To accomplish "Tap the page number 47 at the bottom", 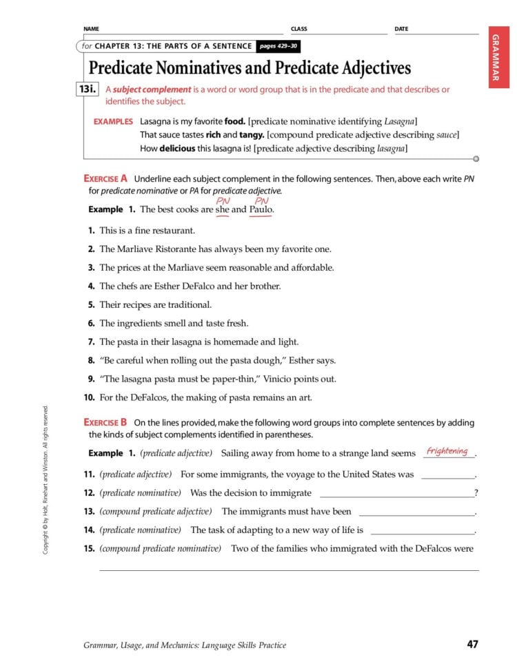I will tap(472, 645).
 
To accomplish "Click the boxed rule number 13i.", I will tap(90, 90).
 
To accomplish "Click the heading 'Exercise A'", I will tap(105, 178).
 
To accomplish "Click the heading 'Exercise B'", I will tap(105, 422).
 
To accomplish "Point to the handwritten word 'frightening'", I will tap(447, 451).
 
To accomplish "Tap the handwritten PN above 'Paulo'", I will tap(261, 201).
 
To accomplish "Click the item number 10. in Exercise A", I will tap(89, 397).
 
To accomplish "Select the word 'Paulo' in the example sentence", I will tap(261, 209).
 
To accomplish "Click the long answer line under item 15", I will tap(289, 570).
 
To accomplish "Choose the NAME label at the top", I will tap(91, 29).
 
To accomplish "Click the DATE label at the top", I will tap(401, 29).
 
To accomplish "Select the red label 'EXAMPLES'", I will tap(113, 121).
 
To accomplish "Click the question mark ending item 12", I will tap(476, 493).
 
